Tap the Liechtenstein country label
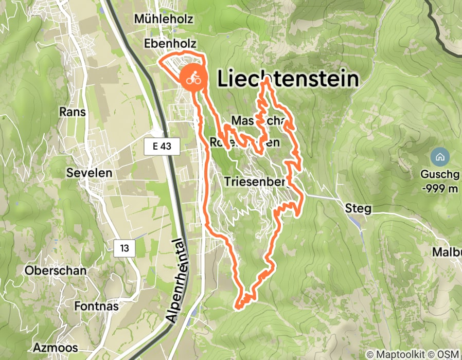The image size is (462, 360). point(288,79)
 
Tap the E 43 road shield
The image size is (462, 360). point(162,147)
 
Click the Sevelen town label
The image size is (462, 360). point(89,173)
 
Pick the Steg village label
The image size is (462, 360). point(356,209)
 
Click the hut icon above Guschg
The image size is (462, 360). point(439,156)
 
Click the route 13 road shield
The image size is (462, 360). point(125,248)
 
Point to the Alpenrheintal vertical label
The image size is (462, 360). point(177,281)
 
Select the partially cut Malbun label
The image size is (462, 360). point(447,253)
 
